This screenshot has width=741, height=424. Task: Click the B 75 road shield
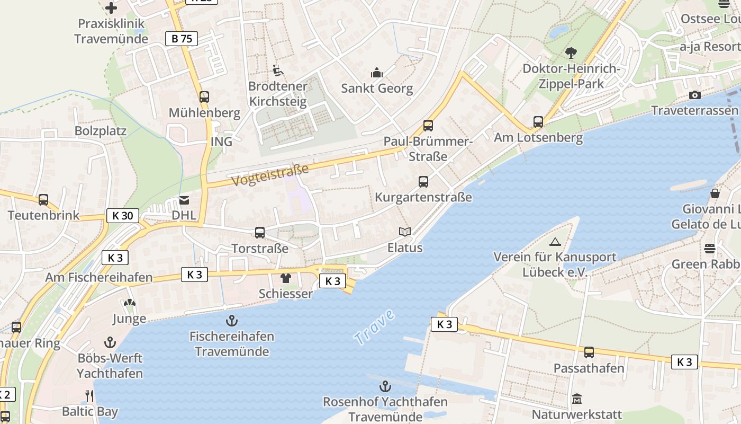[x=182, y=39]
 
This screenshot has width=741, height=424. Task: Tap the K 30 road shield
[x=123, y=216]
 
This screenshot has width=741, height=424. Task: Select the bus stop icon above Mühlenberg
[x=204, y=97]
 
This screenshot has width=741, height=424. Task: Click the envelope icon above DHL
[x=184, y=200]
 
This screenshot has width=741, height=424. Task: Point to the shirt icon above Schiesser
[x=286, y=278]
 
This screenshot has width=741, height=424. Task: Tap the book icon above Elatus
[x=405, y=232]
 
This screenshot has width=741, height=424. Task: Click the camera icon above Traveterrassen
[x=695, y=95]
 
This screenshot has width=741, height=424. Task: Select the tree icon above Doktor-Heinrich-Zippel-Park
[x=571, y=53]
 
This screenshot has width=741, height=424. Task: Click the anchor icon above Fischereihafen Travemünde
[x=231, y=321]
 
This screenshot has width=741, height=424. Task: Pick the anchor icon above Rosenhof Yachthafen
[x=385, y=386]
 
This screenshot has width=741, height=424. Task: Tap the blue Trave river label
[x=375, y=327]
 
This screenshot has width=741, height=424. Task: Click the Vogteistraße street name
[x=270, y=175]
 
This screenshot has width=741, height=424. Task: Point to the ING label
[x=221, y=142]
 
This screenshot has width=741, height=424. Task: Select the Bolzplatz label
[x=101, y=131]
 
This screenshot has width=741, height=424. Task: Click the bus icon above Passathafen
[x=589, y=352]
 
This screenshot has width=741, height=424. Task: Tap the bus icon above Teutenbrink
[x=43, y=200]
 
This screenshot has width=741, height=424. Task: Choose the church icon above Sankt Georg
[x=377, y=73]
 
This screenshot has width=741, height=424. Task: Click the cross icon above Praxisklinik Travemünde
[x=111, y=8]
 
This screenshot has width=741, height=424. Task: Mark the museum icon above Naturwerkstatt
[x=577, y=399]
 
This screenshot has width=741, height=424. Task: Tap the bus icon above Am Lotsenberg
[x=538, y=122]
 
